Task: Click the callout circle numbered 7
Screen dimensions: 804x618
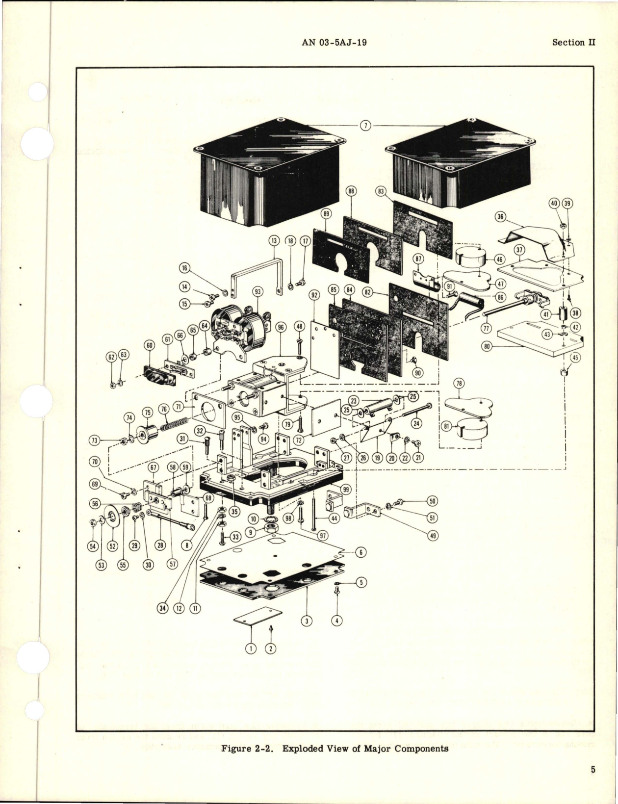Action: [365, 126]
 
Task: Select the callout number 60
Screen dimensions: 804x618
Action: [149, 345]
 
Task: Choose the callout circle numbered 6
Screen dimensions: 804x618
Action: [360, 552]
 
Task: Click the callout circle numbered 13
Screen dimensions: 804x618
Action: [274, 240]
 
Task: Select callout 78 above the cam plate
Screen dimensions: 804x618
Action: [460, 384]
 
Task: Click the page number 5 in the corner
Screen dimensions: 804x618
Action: [593, 770]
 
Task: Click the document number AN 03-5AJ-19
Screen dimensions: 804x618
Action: [335, 42]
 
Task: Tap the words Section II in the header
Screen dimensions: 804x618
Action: [573, 42]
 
